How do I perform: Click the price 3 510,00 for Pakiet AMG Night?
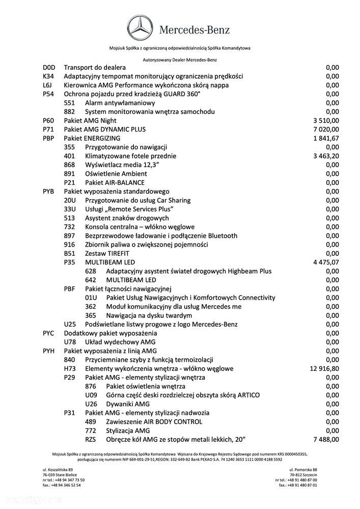(326, 121)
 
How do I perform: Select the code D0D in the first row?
(49, 67)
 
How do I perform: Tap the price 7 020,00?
(326, 129)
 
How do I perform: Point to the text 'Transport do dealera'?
(95, 67)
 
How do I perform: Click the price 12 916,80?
(324, 368)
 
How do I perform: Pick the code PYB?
(49, 192)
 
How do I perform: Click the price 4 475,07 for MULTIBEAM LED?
(326, 262)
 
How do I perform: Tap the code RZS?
(91, 439)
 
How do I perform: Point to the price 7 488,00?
(326, 439)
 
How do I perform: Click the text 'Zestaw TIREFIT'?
(107, 253)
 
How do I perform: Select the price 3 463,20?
(326, 156)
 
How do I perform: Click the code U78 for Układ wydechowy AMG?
(70, 342)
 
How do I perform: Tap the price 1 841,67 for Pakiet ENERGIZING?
(326, 138)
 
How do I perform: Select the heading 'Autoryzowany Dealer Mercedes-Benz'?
(180, 60)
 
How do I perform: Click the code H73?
(70, 368)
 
